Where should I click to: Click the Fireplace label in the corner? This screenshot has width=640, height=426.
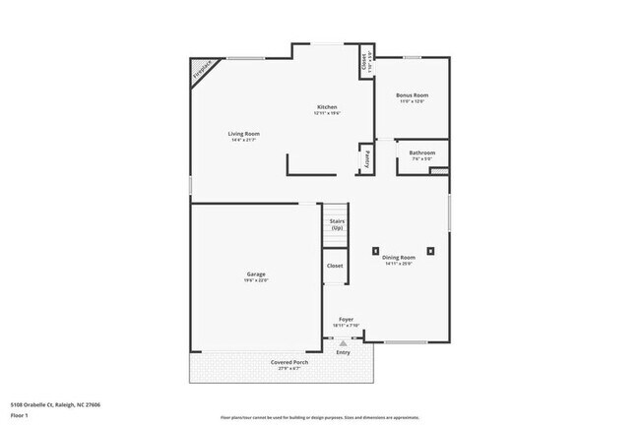click(202, 72)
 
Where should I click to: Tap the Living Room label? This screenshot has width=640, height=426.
click(243, 133)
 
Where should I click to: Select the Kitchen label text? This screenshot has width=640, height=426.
click(327, 106)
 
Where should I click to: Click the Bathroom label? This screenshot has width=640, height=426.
click(422, 152)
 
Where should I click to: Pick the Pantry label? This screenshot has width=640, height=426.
click(365, 158)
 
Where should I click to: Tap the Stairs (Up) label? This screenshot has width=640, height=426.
click(337, 224)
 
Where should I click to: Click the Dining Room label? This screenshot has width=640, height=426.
click(398, 258)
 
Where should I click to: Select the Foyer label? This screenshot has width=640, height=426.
click(347, 320)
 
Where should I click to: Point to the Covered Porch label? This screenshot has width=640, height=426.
click(289, 362)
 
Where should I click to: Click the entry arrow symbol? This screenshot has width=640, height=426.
click(344, 342)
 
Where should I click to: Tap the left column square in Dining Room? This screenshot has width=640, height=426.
click(375, 250)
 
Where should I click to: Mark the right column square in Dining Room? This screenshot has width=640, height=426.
click(430, 250)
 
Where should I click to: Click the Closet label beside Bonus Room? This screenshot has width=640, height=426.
click(363, 62)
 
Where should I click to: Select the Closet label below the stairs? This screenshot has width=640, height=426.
click(335, 266)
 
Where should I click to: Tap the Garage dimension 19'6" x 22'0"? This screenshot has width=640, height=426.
click(256, 280)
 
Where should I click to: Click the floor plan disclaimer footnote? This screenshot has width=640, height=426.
click(319, 417)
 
